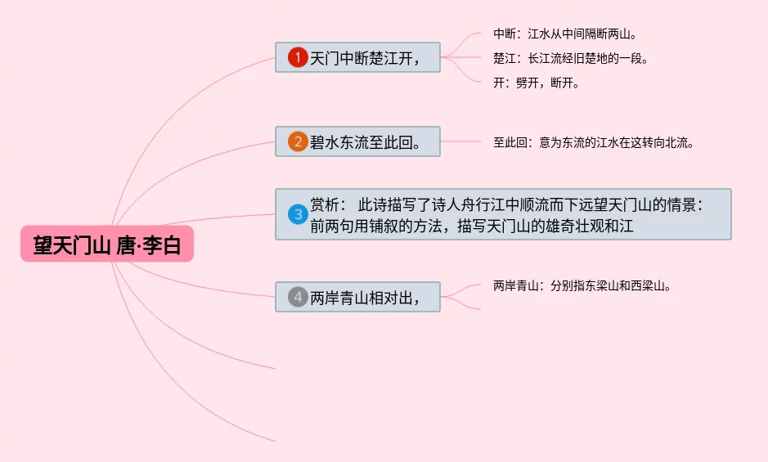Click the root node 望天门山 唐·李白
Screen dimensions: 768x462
pyautogui.click(x=107, y=244)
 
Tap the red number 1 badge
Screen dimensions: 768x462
pyautogui.click(x=298, y=57)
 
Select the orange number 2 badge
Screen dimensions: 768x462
pyautogui.click(x=298, y=141)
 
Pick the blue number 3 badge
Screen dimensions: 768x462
pyautogui.click(x=298, y=214)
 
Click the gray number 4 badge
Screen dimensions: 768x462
pyautogui.click(x=298, y=297)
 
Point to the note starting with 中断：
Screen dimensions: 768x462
pyautogui.click(x=564, y=34)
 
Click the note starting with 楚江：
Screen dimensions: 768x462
pyautogui.click(x=570, y=58)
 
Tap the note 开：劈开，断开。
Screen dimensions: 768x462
pyautogui.click(x=536, y=83)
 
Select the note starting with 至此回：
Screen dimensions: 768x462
pyautogui.click(x=593, y=142)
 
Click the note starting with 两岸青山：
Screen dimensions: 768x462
pyautogui.click(x=582, y=286)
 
